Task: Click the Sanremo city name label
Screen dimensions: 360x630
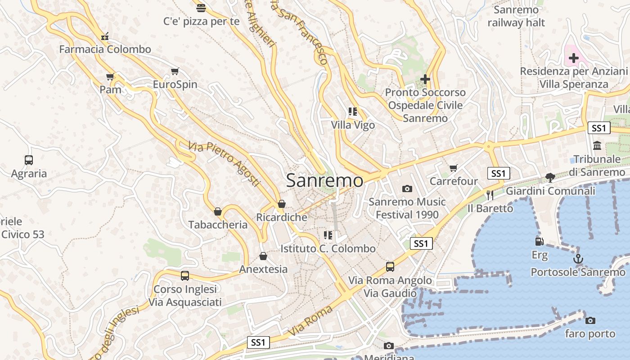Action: (324, 180)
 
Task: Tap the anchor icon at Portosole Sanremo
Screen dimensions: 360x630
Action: (578, 259)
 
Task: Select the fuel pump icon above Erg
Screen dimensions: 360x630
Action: (539, 242)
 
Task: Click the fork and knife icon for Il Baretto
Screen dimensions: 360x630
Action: (490, 195)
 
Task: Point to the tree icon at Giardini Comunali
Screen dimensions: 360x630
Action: (550, 177)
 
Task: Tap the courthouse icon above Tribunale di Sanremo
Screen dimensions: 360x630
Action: (597, 145)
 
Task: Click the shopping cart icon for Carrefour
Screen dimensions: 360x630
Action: (453, 168)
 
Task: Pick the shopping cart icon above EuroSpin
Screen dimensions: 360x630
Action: (175, 71)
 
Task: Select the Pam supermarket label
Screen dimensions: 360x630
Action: (111, 90)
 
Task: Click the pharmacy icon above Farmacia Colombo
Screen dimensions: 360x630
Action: (105, 36)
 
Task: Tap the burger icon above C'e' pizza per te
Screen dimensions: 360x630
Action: (201, 8)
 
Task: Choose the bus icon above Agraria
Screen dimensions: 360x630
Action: (29, 160)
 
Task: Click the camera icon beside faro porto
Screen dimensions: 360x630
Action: (590, 320)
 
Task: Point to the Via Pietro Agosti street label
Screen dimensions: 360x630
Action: (224, 164)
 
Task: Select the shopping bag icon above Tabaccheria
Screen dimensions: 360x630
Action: (218, 211)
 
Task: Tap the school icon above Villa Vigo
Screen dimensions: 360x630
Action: (353, 111)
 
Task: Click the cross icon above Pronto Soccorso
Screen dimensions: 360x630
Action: (425, 79)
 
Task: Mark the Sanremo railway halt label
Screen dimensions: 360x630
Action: (516, 16)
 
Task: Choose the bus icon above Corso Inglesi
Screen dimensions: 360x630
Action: (185, 275)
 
